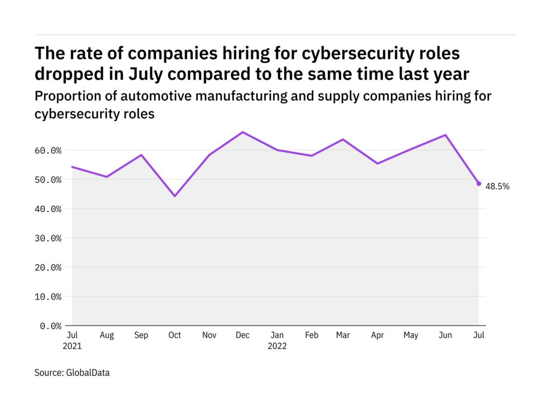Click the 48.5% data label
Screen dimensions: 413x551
click(497, 187)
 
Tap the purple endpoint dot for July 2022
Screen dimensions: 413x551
click(479, 183)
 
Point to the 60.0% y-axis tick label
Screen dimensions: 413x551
click(47, 151)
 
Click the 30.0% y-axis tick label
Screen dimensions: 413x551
click(47, 238)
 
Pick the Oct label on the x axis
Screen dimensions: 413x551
click(174, 336)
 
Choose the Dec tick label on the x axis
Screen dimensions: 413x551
click(243, 336)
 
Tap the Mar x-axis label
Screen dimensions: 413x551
click(343, 336)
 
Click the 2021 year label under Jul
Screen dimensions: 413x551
click(72, 346)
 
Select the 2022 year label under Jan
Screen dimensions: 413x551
click(277, 346)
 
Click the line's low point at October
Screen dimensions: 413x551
click(174, 196)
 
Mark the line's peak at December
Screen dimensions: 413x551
click(243, 132)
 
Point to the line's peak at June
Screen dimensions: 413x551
click(446, 135)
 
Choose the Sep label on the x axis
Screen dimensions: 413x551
click(141, 336)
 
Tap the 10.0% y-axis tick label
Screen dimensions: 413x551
click(47, 297)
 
